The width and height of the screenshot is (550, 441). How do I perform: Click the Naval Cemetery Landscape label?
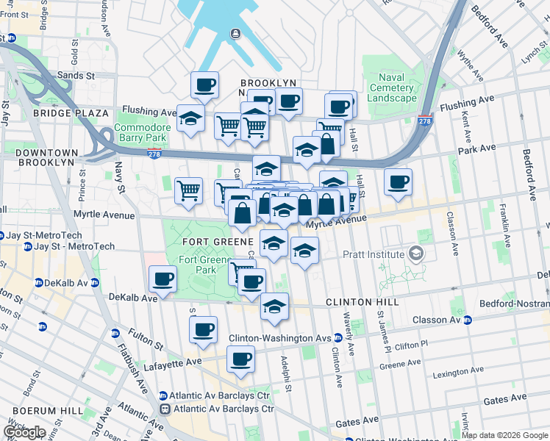tap(401, 87)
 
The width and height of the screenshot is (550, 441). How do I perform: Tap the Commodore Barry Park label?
tap(143, 132)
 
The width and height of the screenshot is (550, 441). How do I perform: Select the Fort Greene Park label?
tap(198, 265)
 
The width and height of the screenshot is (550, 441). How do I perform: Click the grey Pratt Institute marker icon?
tap(417, 254)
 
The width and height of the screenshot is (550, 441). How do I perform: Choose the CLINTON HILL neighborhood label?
tap(362, 302)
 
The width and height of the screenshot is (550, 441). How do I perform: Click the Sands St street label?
tap(76, 75)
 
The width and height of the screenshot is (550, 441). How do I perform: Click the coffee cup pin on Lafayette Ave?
tap(240, 359)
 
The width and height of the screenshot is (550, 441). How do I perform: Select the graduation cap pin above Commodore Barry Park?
tap(190, 118)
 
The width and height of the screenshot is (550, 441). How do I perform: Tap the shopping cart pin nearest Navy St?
tap(188, 190)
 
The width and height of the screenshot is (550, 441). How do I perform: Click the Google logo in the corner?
tap(24, 431)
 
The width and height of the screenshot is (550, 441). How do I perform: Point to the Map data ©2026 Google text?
tap(504, 435)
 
